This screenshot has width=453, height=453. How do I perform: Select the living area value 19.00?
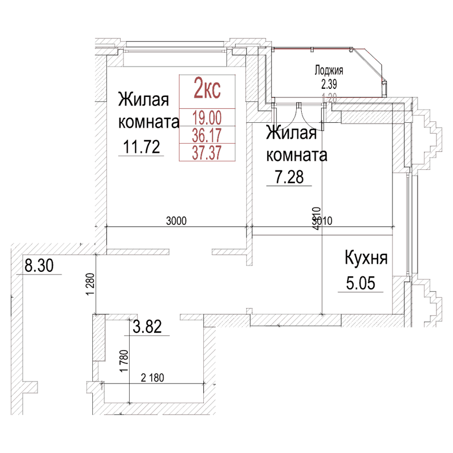pyautogui.click(x=207, y=118)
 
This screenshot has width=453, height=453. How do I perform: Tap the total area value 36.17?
pyautogui.click(x=207, y=135)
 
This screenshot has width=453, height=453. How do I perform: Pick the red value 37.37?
pyautogui.click(x=207, y=152)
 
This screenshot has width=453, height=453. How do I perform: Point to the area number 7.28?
pyautogui.click(x=289, y=178)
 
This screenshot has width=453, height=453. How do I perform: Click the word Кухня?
pyautogui.click(x=366, y=259)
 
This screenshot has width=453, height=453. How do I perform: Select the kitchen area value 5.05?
pyautogui.click(x=360, y=283)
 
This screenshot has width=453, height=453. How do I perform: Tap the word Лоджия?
pyautogui.click(x=329, y=71)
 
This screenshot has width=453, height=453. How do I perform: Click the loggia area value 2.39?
pyautogui.click(x=329, y=85)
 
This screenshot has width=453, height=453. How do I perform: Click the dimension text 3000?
pyautogui.click(x=177, y=221)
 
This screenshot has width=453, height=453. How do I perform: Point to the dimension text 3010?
pyautogui.click(x=319, y=221)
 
